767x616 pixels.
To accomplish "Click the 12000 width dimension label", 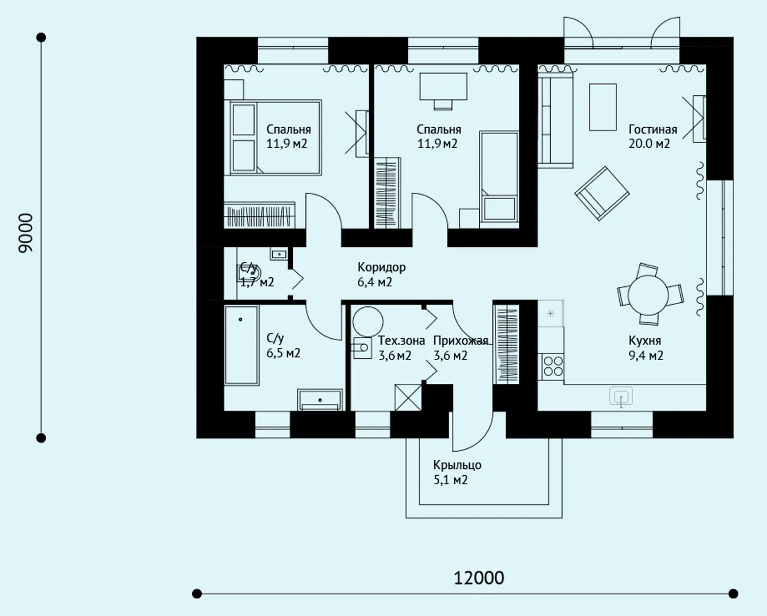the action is coord(479,578).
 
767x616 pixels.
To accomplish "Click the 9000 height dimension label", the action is coord(26,233).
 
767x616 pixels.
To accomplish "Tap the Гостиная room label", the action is coord(653,129).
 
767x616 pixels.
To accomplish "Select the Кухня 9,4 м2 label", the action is coord(645,348).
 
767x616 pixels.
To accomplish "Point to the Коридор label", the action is coord(381,267).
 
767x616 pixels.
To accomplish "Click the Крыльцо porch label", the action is coord(457,465).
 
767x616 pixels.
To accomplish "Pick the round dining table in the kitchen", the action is coord(648,295).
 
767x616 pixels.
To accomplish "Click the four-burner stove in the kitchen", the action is coord(551,367).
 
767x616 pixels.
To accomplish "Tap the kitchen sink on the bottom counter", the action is coord(621,396).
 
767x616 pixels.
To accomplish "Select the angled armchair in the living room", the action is coord(602,193).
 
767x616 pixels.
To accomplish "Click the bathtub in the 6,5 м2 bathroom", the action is coord(241,345).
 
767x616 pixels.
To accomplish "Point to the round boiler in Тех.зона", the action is coord(368,322).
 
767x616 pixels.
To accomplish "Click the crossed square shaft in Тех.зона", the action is coord(408,398).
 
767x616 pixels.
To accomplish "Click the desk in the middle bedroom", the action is coord(443,87).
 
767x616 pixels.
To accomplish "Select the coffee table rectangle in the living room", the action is coord(603,107).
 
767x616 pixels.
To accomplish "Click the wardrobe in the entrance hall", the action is coord(506,345).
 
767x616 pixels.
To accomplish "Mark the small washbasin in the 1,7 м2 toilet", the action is coord(279,254).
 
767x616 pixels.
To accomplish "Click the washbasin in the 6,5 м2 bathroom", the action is coord(320,400).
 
